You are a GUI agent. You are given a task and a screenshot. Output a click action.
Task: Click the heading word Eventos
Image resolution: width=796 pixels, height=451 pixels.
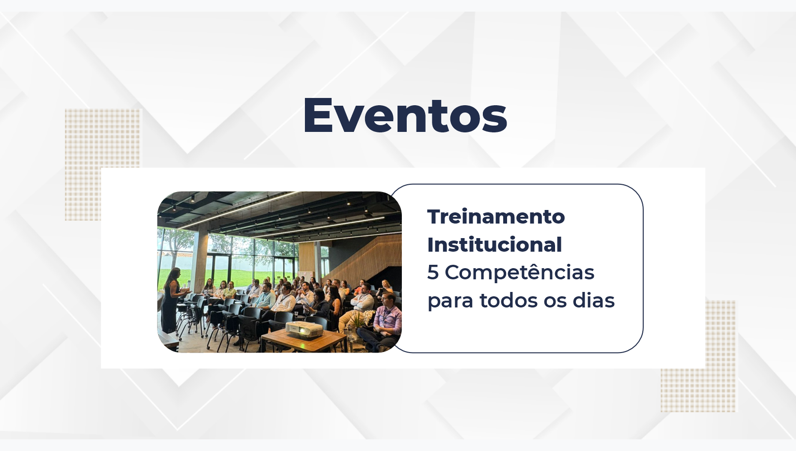coord(405,115)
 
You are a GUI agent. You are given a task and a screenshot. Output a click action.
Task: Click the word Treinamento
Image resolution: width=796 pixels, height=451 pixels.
coord(496,217)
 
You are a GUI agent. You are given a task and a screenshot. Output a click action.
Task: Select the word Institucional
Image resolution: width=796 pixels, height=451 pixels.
coord(494,245)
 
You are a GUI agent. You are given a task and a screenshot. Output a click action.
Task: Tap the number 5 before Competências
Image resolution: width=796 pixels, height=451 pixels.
coord(432,273)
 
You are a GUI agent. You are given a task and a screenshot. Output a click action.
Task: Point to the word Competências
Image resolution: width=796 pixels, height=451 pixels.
coord(519,273)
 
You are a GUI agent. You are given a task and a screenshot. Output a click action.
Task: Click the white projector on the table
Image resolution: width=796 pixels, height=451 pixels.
coord(304,330)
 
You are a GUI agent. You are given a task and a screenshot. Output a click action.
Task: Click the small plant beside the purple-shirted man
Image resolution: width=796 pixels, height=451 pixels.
coord(361,320)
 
